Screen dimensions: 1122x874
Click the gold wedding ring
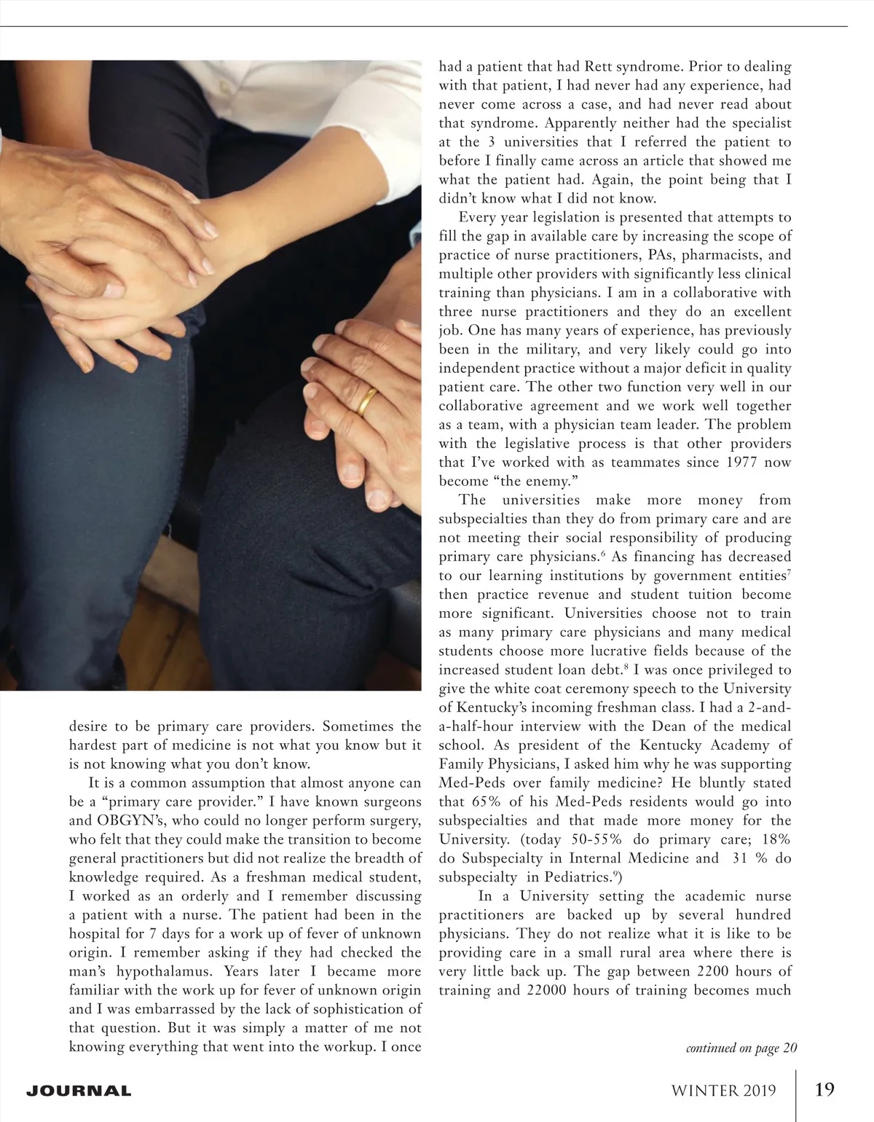coord(366,400)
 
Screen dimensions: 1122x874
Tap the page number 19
coord(824,1089)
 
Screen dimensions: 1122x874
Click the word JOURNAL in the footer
coord(79,1091)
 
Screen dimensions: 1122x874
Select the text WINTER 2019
coord(723,1091)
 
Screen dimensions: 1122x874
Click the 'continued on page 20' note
coord(741,1048)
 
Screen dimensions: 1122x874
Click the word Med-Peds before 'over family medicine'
coord(469,782)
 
